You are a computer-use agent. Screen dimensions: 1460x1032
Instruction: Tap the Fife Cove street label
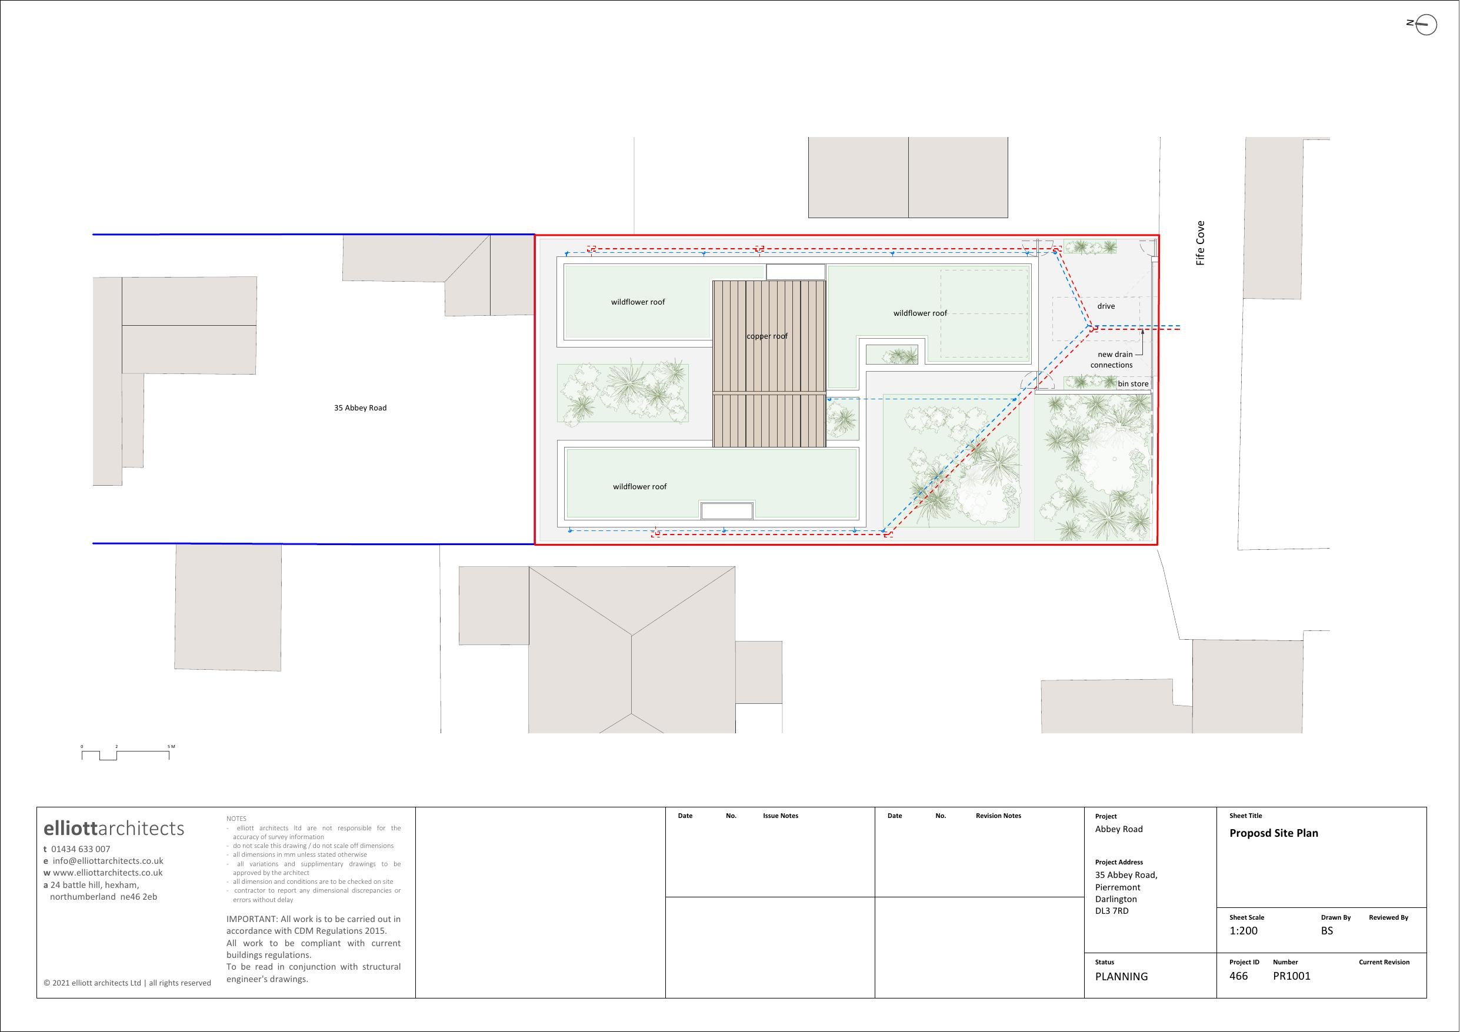coord(1200,243)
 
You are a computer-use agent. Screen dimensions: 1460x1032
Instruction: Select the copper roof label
coord(767,336)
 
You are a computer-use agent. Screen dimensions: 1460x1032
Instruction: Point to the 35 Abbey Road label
coord(360,408)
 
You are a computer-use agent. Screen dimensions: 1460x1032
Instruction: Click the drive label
coord(1106,306)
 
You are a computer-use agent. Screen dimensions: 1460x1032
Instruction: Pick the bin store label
coord(1133,383)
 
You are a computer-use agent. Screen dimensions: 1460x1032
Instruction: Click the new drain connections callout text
coord(1112,359)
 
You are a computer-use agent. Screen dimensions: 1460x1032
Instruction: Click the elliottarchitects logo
coord(114,828)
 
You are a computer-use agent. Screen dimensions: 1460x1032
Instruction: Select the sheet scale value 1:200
coord(1243,930)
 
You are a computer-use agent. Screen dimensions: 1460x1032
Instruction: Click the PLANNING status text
coord(1121,976)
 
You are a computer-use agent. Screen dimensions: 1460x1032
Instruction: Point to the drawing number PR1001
coord(1292,976)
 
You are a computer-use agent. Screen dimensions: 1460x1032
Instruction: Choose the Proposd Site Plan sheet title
coord(1274,833)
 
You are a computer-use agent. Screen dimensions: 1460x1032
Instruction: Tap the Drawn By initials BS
coord(1326,930)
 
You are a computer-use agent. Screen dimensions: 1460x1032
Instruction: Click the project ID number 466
coord(1239,976)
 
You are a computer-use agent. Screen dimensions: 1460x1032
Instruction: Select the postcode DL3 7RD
coord(1112,910)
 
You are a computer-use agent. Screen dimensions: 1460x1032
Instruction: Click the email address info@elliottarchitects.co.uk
coord(108,860)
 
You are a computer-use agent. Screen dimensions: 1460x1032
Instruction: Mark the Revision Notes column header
coord(998,816)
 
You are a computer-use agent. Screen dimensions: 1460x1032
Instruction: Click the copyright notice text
coord(127,983)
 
